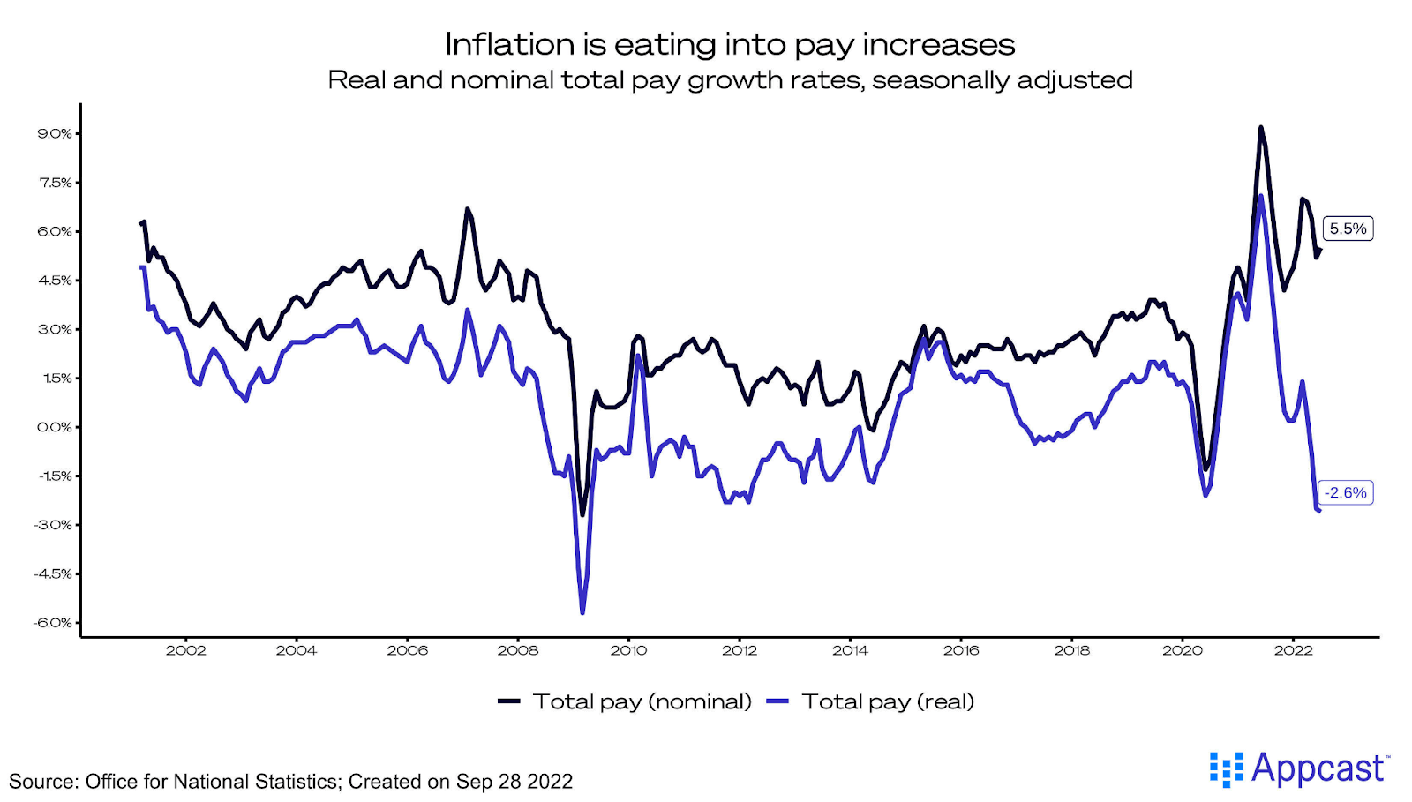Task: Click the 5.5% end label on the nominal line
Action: (x=1348, y=229)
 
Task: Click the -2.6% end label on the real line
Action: (x=1345, y=492)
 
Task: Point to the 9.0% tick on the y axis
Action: (x=55, y=133)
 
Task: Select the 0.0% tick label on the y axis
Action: (x=55, y=427)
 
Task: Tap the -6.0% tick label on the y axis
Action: (x=53, y=622)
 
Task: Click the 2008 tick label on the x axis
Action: (x=518, y=650)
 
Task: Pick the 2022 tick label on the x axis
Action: (x=1293, y=650)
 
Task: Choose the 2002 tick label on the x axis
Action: (x=185, y=650)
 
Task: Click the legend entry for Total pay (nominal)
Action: (x=625, y=701)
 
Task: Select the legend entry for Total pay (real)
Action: (x=871, y=701)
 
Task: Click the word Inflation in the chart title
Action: (x=509, y=44)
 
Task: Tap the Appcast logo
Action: (x=1298, y=768)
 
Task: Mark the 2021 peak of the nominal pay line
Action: (x=1260, y=128)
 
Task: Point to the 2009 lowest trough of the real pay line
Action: (x=582, y=612)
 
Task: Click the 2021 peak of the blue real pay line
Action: (x=1261, y=196)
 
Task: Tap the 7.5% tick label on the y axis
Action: (x=55, y=183)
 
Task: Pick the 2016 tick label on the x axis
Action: (x=961, y=650)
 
